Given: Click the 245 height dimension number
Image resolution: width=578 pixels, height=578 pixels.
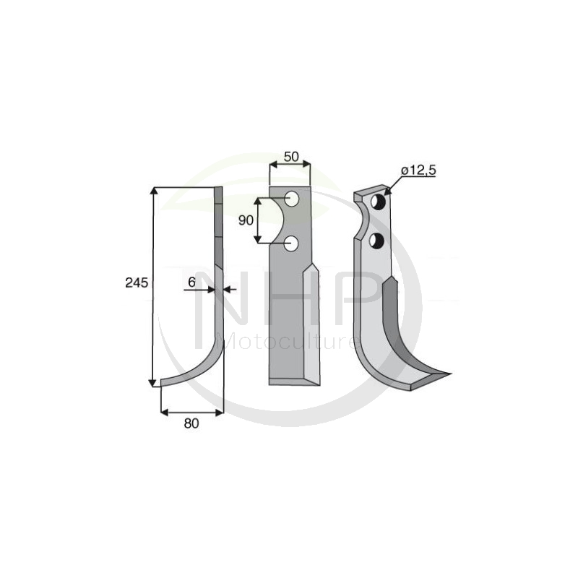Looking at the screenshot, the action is (x=137, y=282).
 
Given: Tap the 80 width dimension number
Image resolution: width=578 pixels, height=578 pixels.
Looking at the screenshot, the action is (x=191, y=423).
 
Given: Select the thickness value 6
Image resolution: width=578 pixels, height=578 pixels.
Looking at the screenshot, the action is (x=191, y=282).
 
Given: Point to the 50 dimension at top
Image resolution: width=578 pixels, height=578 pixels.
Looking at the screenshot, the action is (x=291, y=157).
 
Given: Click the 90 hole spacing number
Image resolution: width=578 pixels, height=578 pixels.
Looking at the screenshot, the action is (x=246, y=220).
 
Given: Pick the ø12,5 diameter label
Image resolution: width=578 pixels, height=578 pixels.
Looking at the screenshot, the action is (x=419, y=171).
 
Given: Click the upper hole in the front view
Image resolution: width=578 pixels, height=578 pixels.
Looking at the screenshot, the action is (x=292, y=199).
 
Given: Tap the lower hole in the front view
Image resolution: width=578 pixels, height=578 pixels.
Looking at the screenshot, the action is (x=292, y=243).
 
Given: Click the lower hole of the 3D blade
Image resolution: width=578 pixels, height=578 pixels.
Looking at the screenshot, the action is (x=377, y=241).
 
